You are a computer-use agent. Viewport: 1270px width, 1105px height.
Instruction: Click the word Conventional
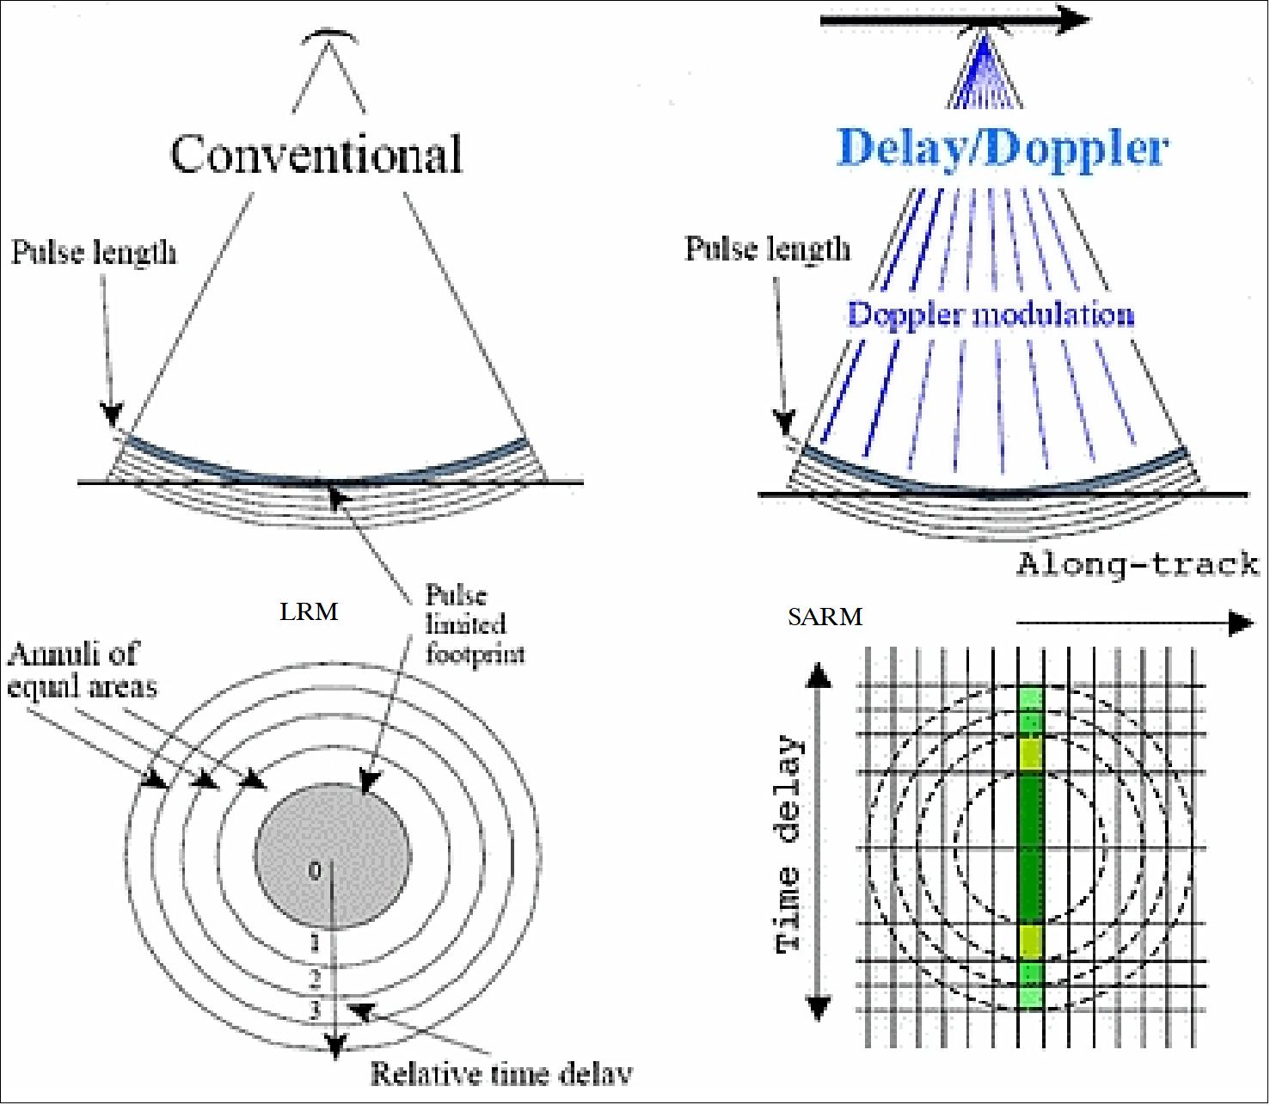pos(316,154)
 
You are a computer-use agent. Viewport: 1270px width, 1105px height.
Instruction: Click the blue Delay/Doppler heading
pos(1003,149)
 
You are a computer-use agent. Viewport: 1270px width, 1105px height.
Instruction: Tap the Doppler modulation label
pos(991,314)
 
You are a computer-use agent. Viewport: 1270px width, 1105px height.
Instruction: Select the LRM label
pos(309,612)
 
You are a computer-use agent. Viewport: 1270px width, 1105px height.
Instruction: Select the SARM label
pos(825,617)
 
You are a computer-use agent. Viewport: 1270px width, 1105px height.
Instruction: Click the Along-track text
pos(1138,565)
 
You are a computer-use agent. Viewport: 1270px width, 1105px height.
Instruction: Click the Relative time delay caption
pos(501,1072)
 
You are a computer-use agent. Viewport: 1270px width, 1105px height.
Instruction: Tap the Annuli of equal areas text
pos(82,671)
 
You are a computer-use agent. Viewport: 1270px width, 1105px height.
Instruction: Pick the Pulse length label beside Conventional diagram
pos(94,253)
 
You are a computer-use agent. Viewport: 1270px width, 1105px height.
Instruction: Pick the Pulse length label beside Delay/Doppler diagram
pos(767,249)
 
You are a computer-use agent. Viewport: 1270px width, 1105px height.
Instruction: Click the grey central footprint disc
pos(333,856)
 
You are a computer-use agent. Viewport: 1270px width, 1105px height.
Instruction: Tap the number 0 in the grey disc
pos(316,872)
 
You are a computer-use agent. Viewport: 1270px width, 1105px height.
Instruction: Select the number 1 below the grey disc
pos(316,943)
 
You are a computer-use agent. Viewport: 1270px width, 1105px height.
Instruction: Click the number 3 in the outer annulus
pos(316,1010)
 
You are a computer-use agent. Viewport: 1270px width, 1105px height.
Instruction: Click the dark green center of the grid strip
pos(1031,856)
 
